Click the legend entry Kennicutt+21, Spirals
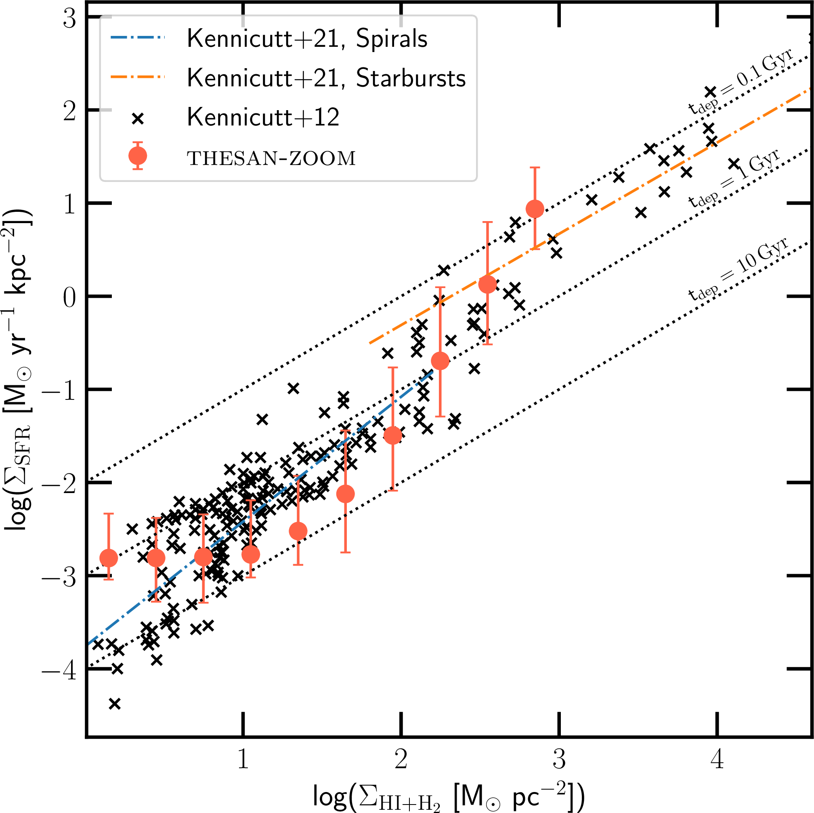click(307, 39)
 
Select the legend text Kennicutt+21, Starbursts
click(326, 78)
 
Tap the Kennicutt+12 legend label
click(263, 117)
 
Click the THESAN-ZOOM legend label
click(271, 158)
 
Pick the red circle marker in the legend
click(138, 156)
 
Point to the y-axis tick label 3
click(69, 19)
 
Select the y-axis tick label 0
click(69, 298)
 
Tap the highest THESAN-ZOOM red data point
click(535, 209)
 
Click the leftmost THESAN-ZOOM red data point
click(109, 558)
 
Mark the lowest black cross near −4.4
click(115, 704)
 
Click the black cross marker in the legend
click(138, 119)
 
